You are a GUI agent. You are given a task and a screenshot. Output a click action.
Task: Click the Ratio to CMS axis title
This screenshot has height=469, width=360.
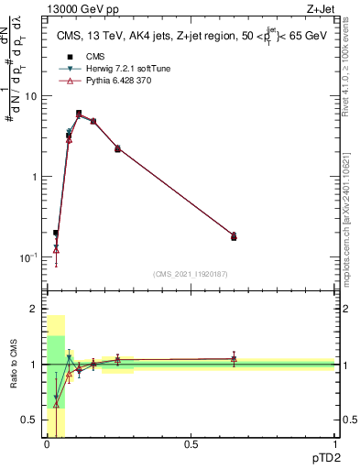13,365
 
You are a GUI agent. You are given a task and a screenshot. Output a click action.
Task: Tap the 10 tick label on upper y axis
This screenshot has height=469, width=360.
30,96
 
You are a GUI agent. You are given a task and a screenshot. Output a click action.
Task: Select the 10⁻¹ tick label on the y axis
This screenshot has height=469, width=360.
27,257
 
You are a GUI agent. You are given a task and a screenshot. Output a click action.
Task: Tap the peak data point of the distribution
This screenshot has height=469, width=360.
79,114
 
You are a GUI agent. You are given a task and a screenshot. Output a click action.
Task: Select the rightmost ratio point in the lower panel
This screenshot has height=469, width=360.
234,359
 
